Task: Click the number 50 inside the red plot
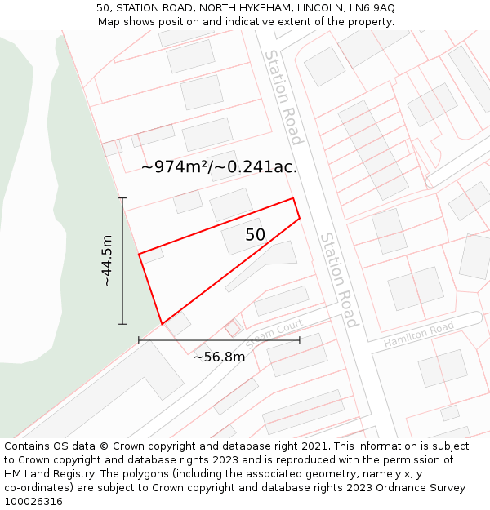(x=255, y=235)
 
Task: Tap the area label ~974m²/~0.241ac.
(x=219, y=167)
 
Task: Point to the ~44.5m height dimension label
(x=107, y=260)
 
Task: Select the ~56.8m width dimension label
(x=219, y=357)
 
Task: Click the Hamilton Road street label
(x=418, y=335)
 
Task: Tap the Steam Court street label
(x=274, y=334)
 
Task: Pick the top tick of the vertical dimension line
(x=122, y=198)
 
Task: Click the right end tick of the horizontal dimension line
(x=300, y=339)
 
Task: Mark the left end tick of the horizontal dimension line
(x=139, y=339)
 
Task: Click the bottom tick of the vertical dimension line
(x=122, y=324)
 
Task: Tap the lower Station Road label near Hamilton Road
(x=339, y=280)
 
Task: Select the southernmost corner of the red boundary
(x=163, y=324)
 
